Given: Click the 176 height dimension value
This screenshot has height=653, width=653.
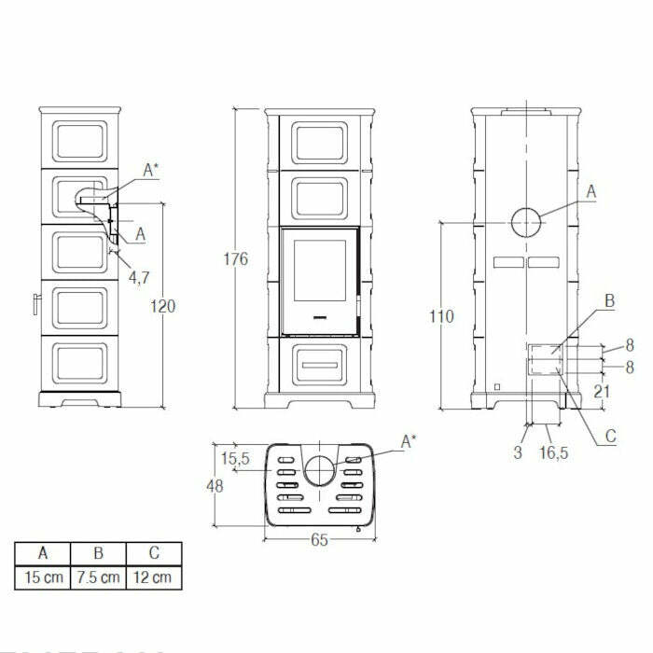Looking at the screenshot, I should [x=237, y=258].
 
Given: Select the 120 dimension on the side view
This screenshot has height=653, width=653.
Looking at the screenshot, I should [x=163, y=306].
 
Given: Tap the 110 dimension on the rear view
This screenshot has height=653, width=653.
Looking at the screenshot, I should [x=441, y=316].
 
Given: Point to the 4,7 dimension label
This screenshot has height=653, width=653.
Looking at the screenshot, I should [x=139, y=277].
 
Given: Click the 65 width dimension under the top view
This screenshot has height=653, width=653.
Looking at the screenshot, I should [x=319, y=541].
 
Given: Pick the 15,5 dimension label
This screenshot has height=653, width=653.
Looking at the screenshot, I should [x=237, y=458].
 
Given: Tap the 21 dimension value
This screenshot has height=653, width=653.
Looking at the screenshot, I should [x=602, y=392].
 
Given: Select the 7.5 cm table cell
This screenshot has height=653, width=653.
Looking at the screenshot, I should [x=97, y=577].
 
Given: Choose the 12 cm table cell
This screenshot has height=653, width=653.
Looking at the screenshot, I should [x=154, y=577].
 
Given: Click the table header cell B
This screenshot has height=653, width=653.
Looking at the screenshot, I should [x=97, y=554].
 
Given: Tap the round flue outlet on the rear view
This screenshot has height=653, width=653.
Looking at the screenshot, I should [x=526, y=223].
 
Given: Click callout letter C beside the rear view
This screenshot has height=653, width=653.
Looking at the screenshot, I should [x=610, y=436].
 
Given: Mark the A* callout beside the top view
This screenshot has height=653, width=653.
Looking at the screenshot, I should [x=408, y=440].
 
